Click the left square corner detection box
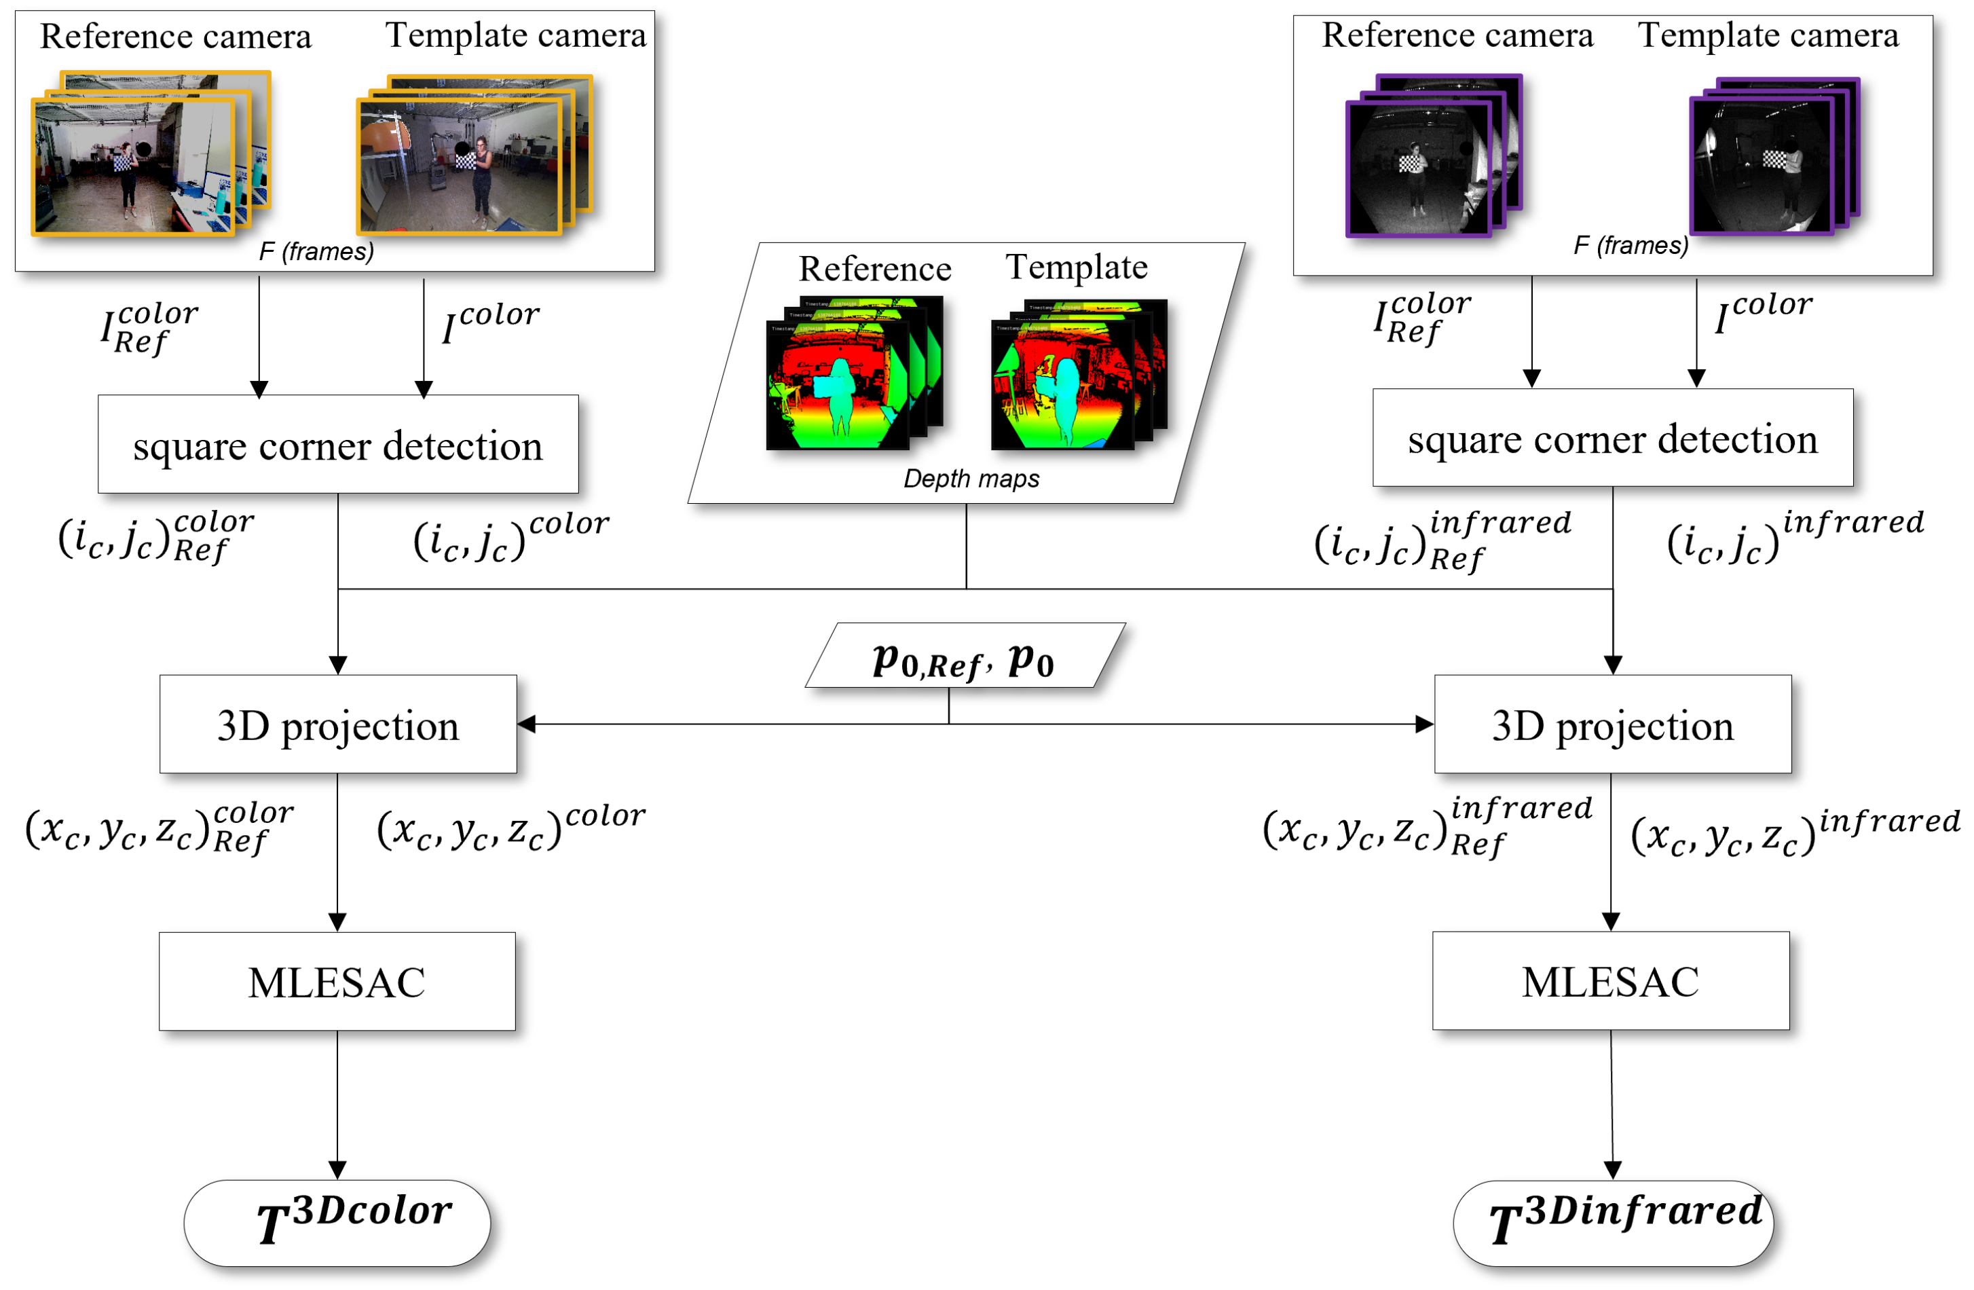click(337, 444)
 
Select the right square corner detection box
click(1612, 437)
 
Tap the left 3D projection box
click(337, 724)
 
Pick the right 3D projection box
click(1612, 724)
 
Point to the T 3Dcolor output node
click(337, 1222)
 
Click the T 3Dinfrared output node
click(1612, 1222)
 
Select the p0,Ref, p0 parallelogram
click(965, 655)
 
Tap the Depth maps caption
click(971, 479)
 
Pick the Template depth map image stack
click(1077, 374)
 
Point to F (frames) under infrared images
click(1630, 246)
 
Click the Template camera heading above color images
click(515, 36)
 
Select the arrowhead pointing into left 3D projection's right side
click(527, 724)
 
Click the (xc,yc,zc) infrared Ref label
click(1427, 826)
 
